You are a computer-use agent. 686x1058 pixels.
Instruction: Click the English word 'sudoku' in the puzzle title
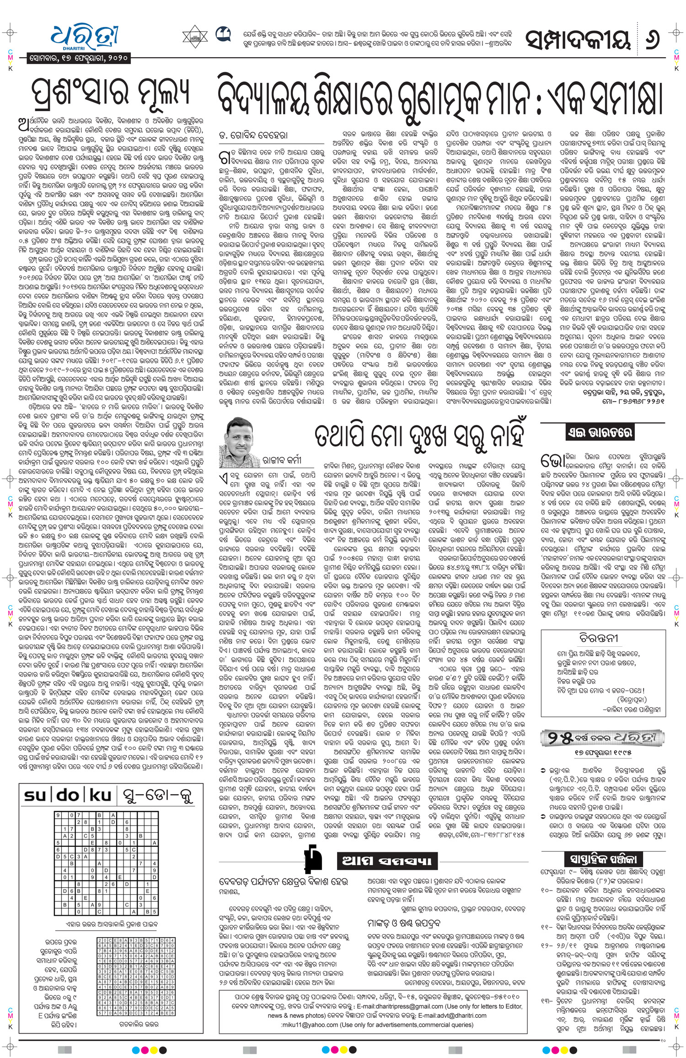click(67, 795)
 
